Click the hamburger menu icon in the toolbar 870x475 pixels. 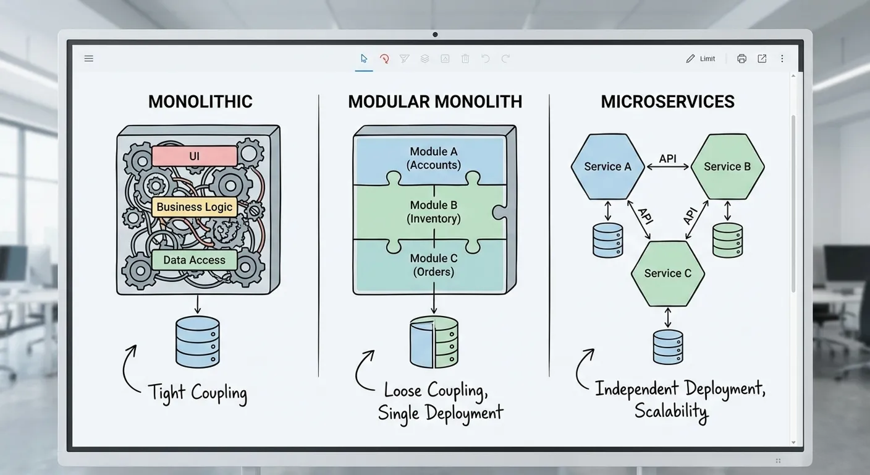click(89, 59)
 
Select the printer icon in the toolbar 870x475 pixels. click(741, 59)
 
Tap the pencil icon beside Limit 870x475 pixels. click(690, 59)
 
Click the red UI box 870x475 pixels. click(194, 156)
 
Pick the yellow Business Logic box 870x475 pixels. click(195, 207)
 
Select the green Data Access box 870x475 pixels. click(194, 260)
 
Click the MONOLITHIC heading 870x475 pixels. click(200, 102)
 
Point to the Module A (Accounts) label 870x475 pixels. click(433, 158)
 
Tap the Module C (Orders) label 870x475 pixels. click(433, 265)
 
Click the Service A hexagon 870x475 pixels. click(607, 166)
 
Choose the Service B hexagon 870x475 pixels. click(727, 166)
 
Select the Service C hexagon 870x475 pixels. click(667, 273)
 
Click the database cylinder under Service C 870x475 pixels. click(668, 346)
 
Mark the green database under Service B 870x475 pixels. click(727, 240)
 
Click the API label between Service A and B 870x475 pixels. click(667, 159)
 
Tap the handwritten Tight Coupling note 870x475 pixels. click(198, 392)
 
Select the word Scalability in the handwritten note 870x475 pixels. click(671, 411)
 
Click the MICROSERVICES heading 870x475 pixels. click(667, 102)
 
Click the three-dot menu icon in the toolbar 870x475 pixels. click(782, 59)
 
